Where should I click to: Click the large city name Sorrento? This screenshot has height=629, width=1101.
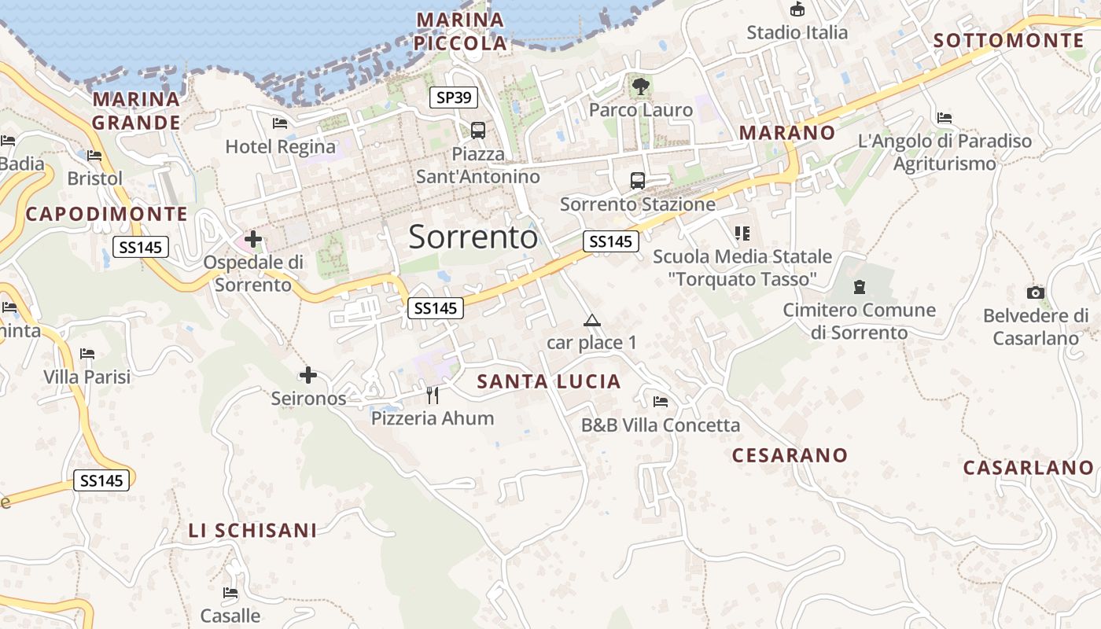coord(473,237)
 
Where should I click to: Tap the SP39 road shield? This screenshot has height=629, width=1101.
coord(454,97)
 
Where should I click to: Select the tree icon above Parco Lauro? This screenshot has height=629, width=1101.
coord(641,85)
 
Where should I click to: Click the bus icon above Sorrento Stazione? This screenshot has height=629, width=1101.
coord(637,180)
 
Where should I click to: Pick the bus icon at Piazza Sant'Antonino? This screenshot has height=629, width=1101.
coord(477,130)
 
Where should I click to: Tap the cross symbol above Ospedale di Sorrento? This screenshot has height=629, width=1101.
coord(253,237)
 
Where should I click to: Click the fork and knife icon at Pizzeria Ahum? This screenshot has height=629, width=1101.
coord(432,394)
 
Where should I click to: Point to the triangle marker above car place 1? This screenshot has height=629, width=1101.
coord(591,320)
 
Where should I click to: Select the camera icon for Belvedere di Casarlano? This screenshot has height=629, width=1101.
coord(1036,292)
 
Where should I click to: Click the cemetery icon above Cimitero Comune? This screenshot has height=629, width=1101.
coord(859,287)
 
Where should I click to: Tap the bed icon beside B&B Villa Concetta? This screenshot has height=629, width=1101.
coord(661,402)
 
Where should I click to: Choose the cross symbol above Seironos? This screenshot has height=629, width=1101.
coord(308,375)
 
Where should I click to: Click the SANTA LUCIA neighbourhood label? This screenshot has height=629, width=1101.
coord(549,382)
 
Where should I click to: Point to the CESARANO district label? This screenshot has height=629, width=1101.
coord(790,455)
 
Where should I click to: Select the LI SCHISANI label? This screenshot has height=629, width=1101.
coord(252,531)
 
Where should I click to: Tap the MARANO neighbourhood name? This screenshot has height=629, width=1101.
coord(787,133)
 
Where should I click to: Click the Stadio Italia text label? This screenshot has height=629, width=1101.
coord(797,32)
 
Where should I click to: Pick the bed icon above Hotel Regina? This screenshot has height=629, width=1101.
coord(280,123)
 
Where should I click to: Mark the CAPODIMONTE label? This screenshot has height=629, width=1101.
coord(107,214)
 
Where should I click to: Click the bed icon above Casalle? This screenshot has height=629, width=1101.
coord(230,592)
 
